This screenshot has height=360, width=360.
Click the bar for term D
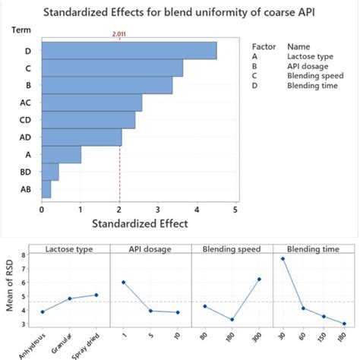129,49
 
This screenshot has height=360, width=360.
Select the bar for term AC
91,103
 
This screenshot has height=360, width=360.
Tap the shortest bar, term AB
46,189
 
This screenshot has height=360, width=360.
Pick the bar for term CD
88,120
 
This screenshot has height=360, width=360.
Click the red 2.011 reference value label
119,33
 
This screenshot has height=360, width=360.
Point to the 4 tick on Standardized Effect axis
197,209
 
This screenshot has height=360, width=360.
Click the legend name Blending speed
315,76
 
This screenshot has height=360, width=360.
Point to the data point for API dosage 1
123,283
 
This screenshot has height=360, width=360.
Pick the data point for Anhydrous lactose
43,311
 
